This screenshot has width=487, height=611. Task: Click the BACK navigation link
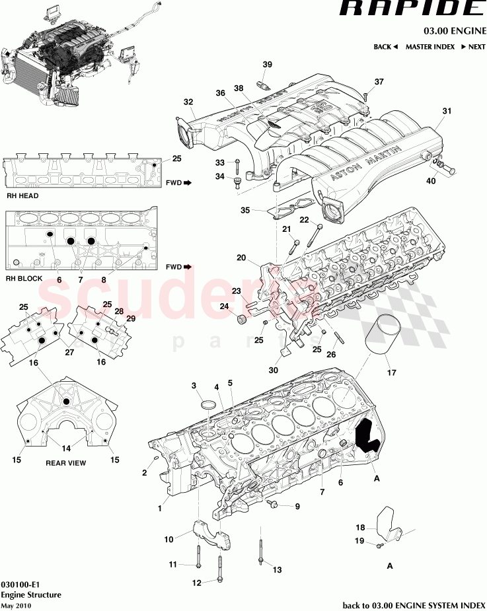point(385,47)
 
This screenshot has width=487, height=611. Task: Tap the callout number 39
point(267,65)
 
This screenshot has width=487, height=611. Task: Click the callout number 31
point(447,111)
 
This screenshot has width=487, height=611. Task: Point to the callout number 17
point(391,373)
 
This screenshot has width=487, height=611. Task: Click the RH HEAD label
point(22,196)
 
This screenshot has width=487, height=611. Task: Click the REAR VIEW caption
point(65,463)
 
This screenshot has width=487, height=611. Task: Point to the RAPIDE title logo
point(412,10)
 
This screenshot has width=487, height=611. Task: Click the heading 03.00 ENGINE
point(455,31)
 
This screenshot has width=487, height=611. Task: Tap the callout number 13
point(277,569)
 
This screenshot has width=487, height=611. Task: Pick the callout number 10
point(169,540)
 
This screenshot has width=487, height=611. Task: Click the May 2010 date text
point(16,605)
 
